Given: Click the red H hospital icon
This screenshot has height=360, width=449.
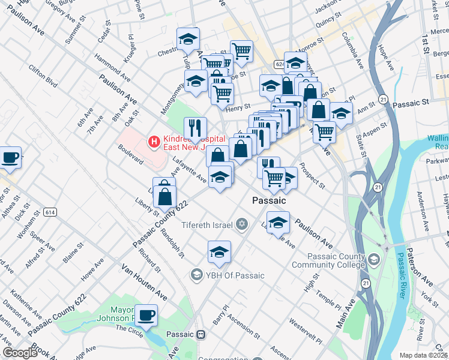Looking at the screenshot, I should pos(154,142).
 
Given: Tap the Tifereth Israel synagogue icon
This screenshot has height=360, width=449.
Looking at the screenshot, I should pos(241,224).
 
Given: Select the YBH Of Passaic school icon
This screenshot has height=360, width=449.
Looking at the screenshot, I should pos(196,275).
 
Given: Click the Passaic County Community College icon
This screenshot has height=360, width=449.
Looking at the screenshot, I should pos(375,259).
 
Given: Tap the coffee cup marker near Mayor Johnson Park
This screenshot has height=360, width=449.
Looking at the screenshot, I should pos(146,314).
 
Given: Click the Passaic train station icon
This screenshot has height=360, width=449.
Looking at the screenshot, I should pos(202,334).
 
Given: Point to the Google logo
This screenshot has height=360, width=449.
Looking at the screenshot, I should pos(19,353).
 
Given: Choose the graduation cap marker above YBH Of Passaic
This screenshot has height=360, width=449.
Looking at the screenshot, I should pos(219,253).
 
